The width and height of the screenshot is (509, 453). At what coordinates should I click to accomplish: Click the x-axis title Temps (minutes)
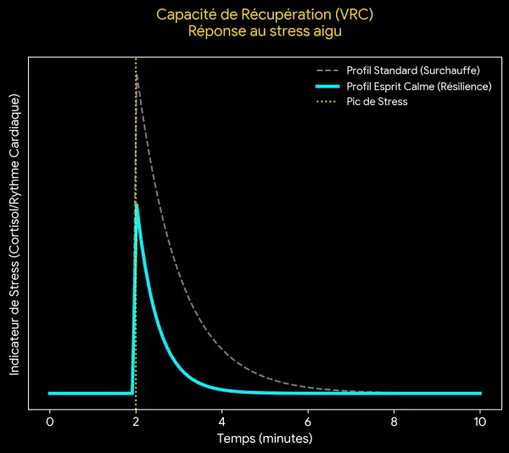[265, 439]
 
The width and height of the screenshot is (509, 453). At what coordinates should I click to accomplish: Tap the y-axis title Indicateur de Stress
[14, 233]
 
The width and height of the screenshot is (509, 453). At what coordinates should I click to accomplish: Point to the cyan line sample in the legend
[327, 87]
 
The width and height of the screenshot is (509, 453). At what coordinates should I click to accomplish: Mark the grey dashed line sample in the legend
[327, 70]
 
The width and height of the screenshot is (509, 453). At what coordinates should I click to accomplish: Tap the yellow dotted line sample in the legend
[327, 102]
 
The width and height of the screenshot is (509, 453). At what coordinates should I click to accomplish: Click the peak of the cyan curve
[137, 204]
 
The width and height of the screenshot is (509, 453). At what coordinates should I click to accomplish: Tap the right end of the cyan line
[480, 394]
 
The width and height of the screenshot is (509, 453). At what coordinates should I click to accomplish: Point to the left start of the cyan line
[49, 394]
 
